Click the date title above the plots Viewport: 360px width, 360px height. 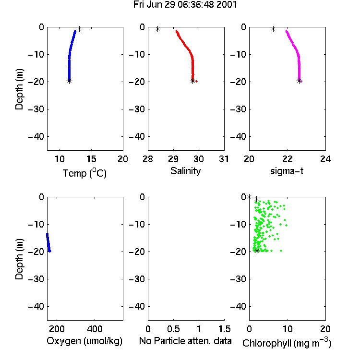click(x=185, y=5)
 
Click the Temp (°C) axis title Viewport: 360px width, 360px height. click(x=84, y=173)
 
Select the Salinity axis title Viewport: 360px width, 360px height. click(x=185, y=171)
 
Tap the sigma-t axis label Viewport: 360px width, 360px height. click(x=287, y=171)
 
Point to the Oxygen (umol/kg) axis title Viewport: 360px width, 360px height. click(x=84, y=341)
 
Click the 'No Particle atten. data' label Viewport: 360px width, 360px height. click(x=185, y=341)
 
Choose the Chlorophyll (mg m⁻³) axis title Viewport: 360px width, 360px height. click(x=287, y=343)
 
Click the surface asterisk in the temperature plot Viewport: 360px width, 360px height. click(x=79, y=29)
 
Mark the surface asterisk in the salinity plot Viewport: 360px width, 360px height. click(x=157, y=29)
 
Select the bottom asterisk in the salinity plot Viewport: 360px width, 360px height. click(x=193, y=81)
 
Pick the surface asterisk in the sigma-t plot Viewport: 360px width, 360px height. click(x=273, y=29)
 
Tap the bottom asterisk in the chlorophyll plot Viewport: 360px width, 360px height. click(x=257, y=251)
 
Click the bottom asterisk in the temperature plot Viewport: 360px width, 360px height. click(x=69, y=81)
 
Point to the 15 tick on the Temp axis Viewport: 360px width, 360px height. click(x=91, y=159)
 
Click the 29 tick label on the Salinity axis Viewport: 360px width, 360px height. click(x=173, y=159)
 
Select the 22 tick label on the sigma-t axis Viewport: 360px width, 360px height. click(x=288, y=159)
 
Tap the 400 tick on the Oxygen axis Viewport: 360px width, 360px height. click(x=95, y=329)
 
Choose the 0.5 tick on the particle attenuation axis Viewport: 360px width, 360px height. click(x=173, y=329)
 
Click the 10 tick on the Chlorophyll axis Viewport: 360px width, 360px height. click(x=288, y=329)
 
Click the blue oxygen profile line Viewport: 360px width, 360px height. click(x=48, y=242)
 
